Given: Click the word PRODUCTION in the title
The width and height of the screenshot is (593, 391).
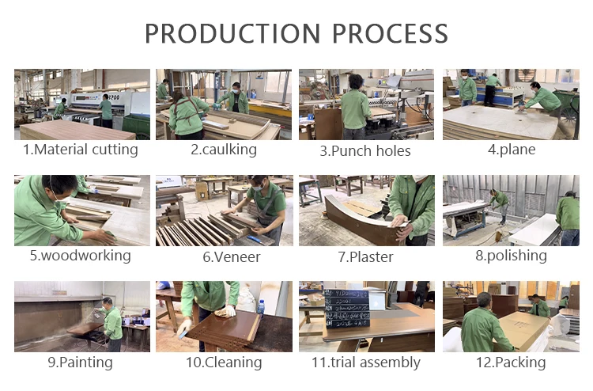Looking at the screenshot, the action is pos(232,33).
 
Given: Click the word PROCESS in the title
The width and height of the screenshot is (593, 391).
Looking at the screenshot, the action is pos(390,33).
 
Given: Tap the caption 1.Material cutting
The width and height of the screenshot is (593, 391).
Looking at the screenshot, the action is pos(81,150).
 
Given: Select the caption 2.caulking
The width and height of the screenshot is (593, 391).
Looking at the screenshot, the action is pos(224,150).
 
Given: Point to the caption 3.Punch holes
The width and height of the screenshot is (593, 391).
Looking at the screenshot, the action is pos(365,151).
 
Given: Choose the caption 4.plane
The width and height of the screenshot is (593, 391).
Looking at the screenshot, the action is pos(512,150).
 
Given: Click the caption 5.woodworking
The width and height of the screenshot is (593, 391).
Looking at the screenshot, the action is pos(80,256).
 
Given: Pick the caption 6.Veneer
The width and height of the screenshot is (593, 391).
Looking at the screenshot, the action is pos(232,257).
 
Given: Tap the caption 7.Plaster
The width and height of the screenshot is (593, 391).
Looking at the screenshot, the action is pos(365,257).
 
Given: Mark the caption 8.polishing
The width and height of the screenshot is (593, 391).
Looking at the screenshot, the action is pos(511,256).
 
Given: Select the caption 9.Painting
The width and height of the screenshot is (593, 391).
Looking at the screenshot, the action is pos(80,363).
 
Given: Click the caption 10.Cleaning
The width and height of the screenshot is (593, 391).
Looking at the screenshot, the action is pos(224,363).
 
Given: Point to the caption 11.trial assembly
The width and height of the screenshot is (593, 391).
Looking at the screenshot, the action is pos(366,363).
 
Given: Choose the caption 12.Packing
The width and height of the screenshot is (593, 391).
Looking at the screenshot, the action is pos(511,363).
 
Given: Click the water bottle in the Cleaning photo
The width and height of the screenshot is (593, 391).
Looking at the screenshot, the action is pos(261,308).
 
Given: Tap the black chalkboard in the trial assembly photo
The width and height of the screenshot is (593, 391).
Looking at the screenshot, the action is pos(347,308).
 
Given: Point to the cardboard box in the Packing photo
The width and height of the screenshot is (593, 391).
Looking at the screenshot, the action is pos(523,330).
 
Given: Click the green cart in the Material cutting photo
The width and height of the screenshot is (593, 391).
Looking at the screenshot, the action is pos(136,126).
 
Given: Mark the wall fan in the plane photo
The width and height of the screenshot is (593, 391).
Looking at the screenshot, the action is pos(525,77).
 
